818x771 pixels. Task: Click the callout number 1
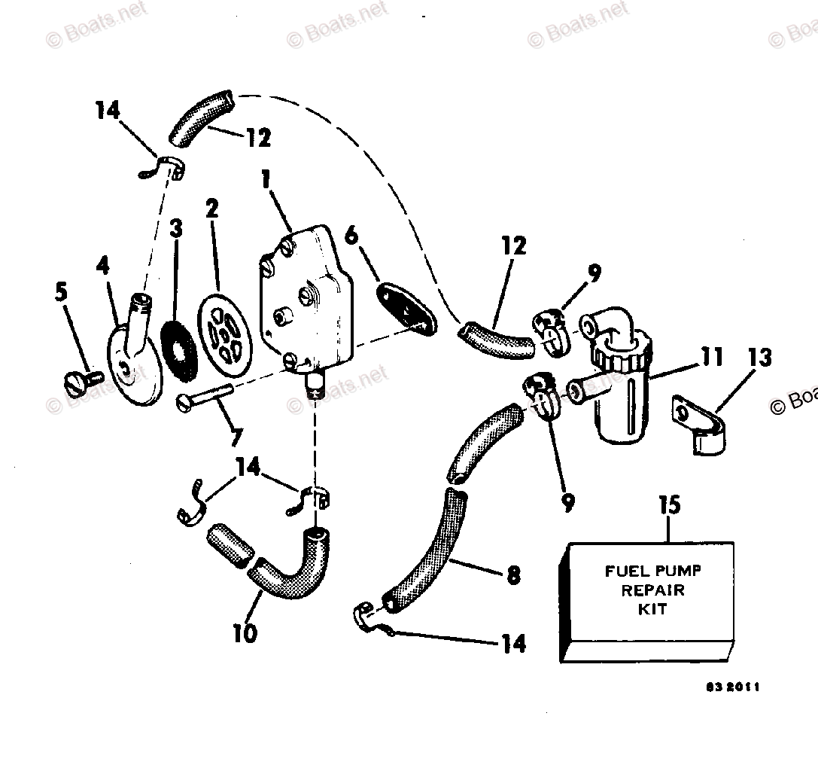(264, 181)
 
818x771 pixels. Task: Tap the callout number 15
(668, 505)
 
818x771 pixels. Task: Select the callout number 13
(759, 357)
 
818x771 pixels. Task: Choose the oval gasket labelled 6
(407, 305)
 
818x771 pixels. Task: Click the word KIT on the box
(652, 610)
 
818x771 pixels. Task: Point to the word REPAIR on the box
(652, 590)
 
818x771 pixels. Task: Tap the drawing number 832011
(732, 687)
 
